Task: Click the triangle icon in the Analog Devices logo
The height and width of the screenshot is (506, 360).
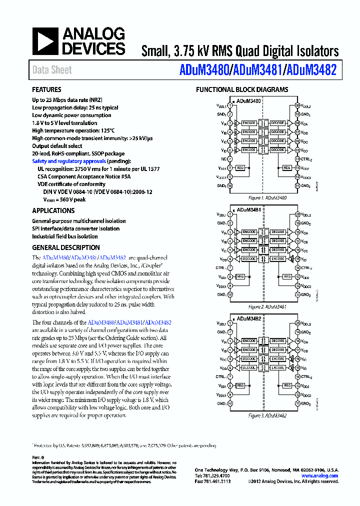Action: (45, 41)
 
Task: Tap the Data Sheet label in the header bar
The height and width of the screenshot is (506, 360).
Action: (52, 70)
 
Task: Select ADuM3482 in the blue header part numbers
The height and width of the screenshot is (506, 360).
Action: (311, 70)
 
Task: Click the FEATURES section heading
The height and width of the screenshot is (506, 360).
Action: (47, 90)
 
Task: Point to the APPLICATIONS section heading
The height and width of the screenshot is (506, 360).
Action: (53, 210)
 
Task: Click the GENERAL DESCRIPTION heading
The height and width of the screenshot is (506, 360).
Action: (66, 247)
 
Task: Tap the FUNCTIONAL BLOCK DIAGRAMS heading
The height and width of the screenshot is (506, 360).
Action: (241, 90)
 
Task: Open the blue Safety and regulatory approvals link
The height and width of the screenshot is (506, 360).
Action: (69, 161)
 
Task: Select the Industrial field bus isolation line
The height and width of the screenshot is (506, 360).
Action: (65, 236)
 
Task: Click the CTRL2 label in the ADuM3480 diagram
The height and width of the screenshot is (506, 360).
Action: (306, 159)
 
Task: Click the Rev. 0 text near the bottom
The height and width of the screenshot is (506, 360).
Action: (38, 457)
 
